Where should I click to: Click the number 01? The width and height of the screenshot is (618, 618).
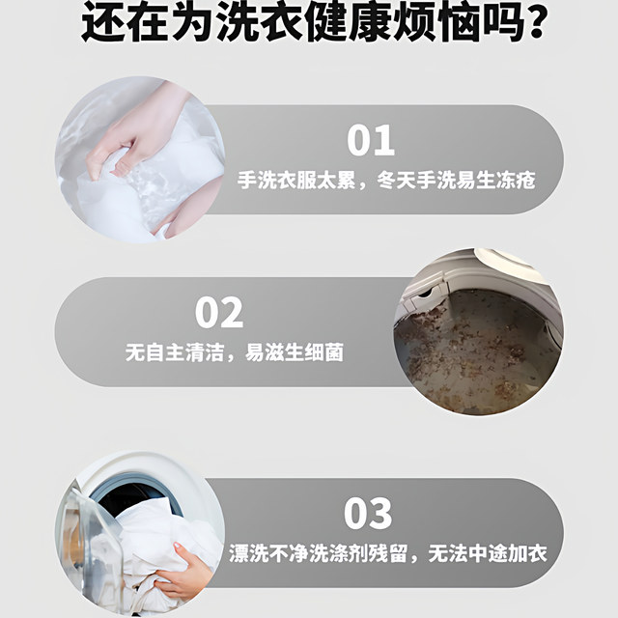point(372,140)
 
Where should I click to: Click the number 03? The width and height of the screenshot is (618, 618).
point(368,513)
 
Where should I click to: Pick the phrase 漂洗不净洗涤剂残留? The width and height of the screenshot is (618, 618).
point(323,554)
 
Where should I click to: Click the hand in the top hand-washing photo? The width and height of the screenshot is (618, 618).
point(145,126)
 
